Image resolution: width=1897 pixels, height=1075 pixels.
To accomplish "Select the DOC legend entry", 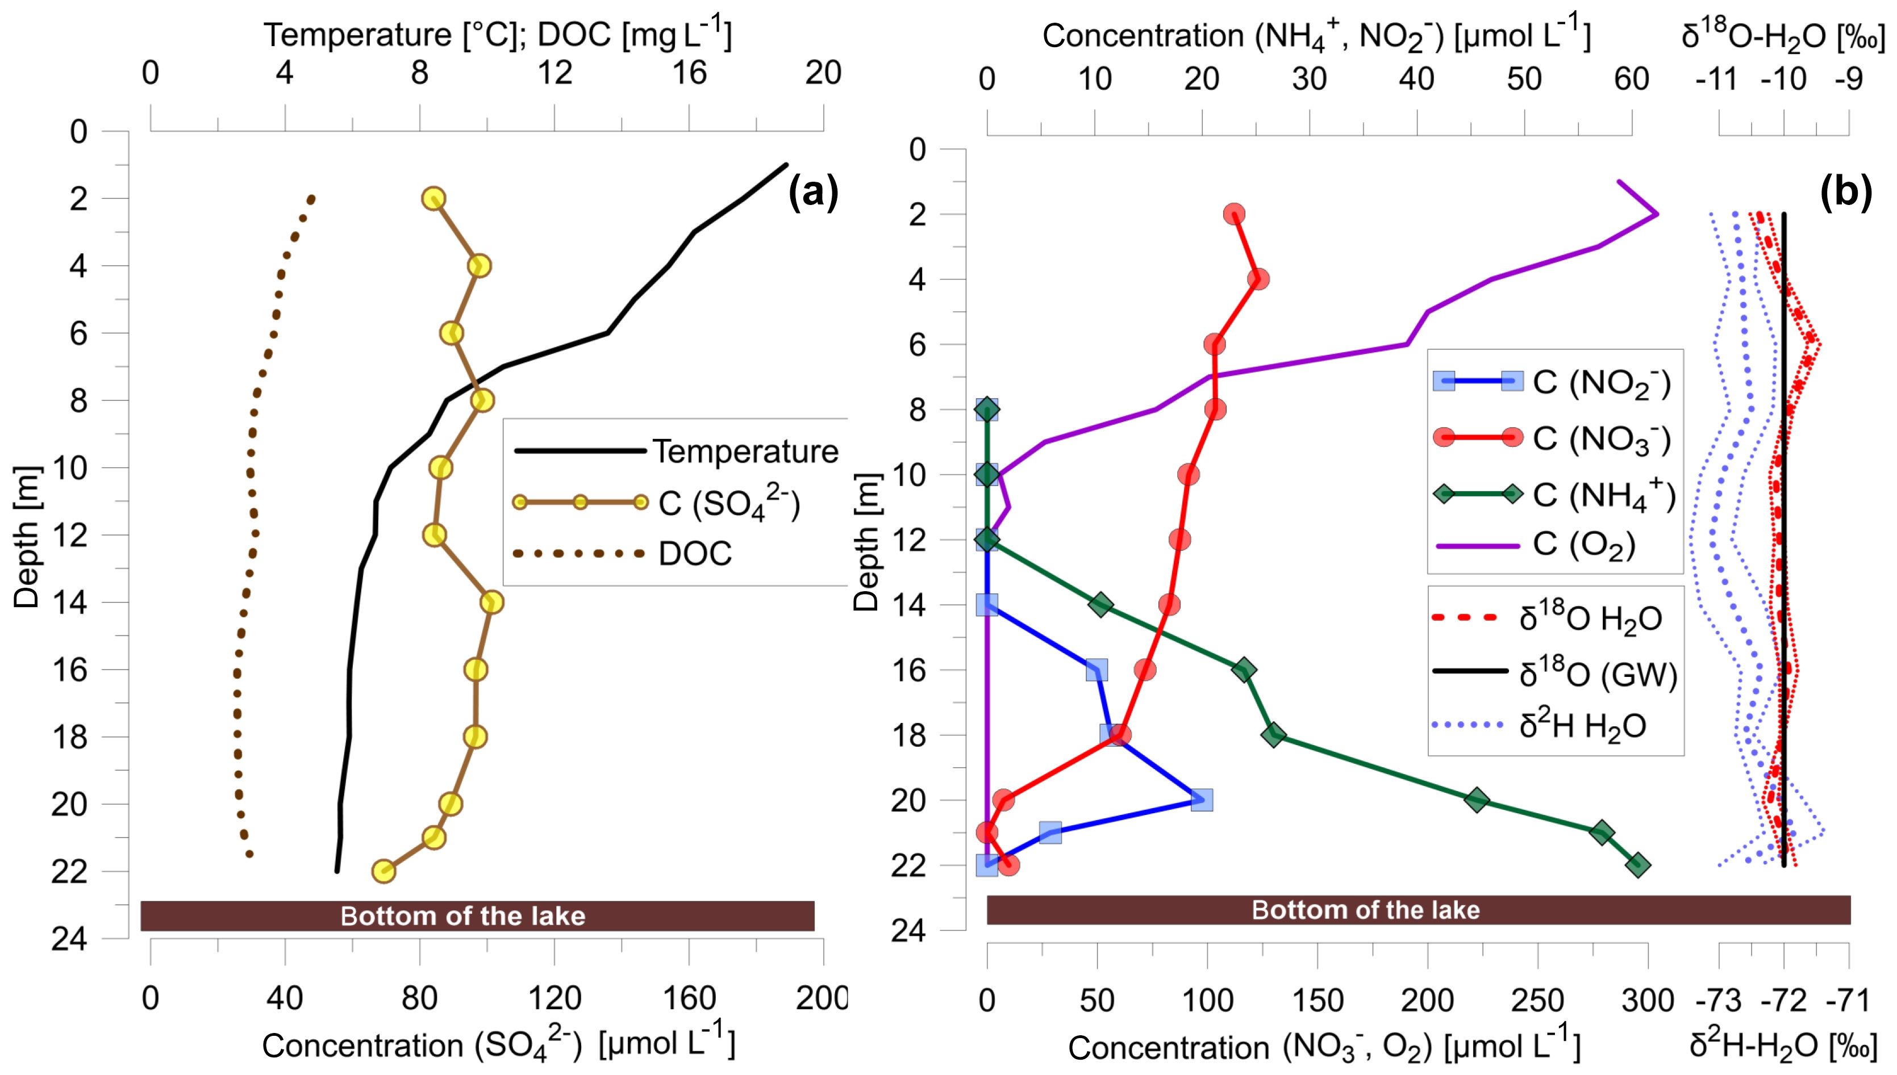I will [694, 553].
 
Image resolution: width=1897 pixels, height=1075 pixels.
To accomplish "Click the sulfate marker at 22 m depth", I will [383, 871].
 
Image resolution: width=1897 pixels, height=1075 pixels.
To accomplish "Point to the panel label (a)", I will [813, 194].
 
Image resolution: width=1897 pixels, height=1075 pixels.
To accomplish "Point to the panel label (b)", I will [1845, 194].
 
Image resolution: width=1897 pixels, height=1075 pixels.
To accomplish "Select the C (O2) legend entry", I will [1584, 545].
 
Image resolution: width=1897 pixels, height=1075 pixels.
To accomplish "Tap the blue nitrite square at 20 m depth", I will [1202, 800].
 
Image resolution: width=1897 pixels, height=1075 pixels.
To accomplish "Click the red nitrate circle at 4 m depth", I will [1258, 279].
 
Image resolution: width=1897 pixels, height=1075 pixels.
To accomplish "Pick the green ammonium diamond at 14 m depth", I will [1100, 605].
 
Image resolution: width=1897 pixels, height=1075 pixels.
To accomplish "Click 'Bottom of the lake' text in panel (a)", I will [463, 916].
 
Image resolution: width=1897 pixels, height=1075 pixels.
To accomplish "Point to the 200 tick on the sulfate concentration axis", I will [821, 999].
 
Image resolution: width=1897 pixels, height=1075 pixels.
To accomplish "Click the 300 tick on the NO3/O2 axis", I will [1648, 1001].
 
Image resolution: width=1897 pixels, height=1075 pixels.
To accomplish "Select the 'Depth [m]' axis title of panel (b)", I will [867, 543].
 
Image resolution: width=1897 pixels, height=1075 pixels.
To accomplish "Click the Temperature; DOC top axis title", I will [498, 35].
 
